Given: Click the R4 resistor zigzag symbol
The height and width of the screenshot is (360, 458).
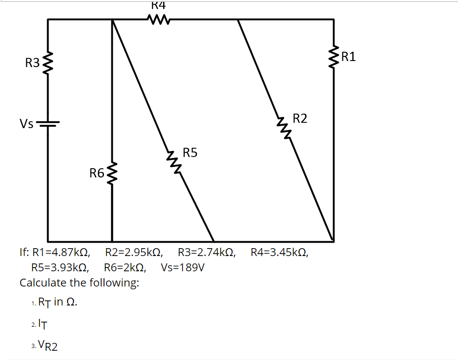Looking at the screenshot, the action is click(158, 20).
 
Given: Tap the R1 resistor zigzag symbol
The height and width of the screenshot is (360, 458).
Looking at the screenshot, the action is click(334, 57).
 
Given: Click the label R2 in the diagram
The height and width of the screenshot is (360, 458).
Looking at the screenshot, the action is click(300, 119).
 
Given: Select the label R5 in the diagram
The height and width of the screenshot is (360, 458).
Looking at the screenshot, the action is click(190, 152).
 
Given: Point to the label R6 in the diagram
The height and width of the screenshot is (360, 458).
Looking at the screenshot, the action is click(97, 173).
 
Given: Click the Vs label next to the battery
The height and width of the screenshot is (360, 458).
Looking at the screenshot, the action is click(26, 124).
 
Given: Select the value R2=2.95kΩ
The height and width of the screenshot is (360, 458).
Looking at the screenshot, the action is click(134, 253).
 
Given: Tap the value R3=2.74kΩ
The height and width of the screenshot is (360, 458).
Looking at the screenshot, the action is click(206, 253).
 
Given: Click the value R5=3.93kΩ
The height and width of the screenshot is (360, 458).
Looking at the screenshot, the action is click(60, 268).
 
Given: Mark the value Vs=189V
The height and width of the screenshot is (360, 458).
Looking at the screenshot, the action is click(183, 268).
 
